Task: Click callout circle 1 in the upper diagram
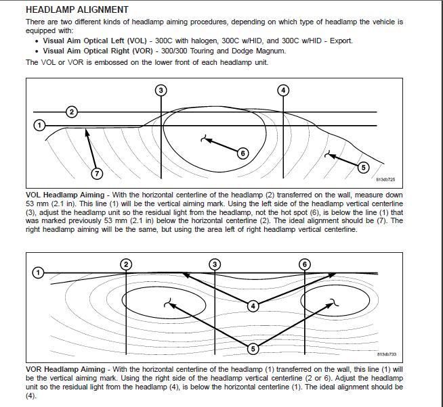point(39,125)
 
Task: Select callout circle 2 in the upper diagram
point(71,112)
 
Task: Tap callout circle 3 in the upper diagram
point(161,90)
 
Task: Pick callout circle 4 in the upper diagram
point(283,90)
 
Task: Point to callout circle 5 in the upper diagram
point(362,167)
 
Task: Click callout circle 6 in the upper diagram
point(242,153)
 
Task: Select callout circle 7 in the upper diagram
point(97,174)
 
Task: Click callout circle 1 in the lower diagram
point(39,272)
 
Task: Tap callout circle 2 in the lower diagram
point(126,264)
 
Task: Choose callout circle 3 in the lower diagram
point(215,264)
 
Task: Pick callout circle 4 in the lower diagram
point(253,306)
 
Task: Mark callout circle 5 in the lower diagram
point(253,349)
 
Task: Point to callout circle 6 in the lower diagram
point(305,264)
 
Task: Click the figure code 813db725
point(385,180)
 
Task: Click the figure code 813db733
point(385,354)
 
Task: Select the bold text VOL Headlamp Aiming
point(65,195)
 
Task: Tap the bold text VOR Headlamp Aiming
point(65,369)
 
